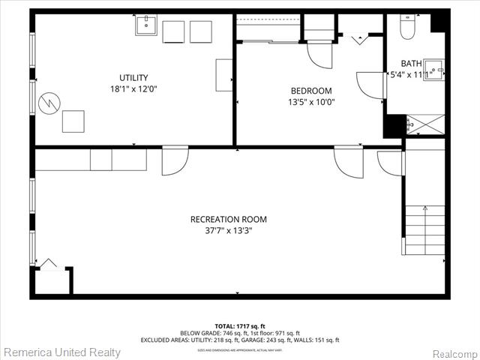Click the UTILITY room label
pyautogui.click(x=133, y=77)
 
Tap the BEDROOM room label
pyautogui.click(x=311, y=91)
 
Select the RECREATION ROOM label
pyautogui.click(x=228, y=220)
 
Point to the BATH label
pyautogui.click(x=411, y=64)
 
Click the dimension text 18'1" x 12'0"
pyautogui.click(x=133, y=88)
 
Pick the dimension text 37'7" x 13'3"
pyautogui.click(x=228, y=231)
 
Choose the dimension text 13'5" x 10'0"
pyautogui.click(x=311, y=102)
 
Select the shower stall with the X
pyautogui.click(x=425, y=124)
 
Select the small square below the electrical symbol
pyautogui.click(x=73, y=121)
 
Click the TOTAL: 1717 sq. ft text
pyautogui.click(x=239, y=327)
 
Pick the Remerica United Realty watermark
pyautogui.click(x=62, y=351)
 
